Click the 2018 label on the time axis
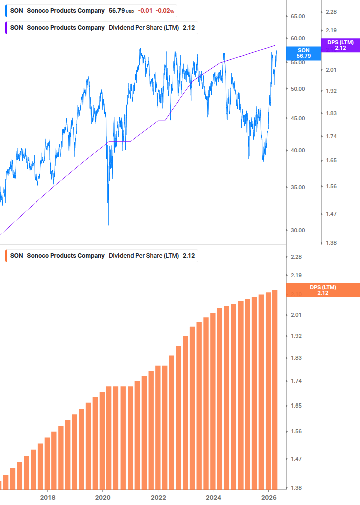[47, 497]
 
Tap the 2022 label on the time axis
[158, 497]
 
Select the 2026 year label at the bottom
[269, 497]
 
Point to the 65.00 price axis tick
[298, 16]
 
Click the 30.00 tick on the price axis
[298, 230]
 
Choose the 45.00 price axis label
[298, 118]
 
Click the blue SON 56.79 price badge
[303, 53]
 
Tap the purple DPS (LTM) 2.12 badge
[340, 45]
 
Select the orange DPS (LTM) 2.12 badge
[322, 290]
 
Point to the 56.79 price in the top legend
[116, 11]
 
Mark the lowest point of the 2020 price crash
[108, 224]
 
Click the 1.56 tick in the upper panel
[331, 186]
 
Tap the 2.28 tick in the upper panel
[331, 12]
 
